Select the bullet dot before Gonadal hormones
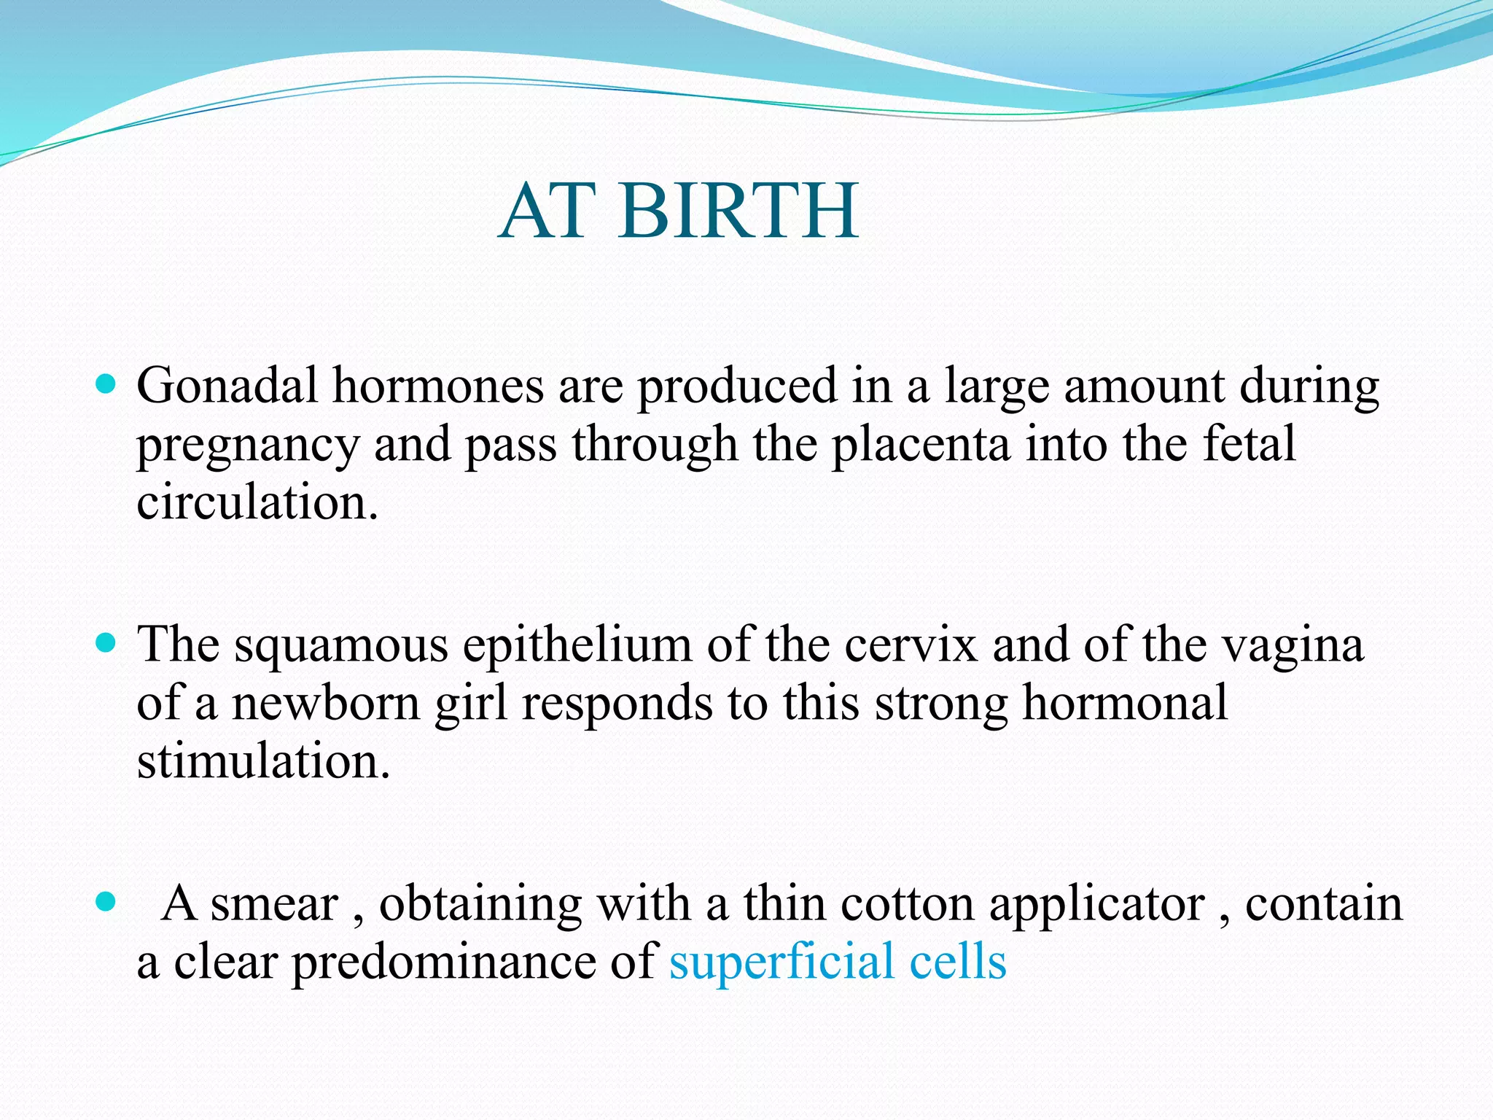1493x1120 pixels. [106, 384]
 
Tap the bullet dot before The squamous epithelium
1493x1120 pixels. [106, 642]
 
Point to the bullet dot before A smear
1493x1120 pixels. [106, 902]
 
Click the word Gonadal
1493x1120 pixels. [227, 386]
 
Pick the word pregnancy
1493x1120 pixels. [248, 446]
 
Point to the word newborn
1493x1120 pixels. [326, 704]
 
